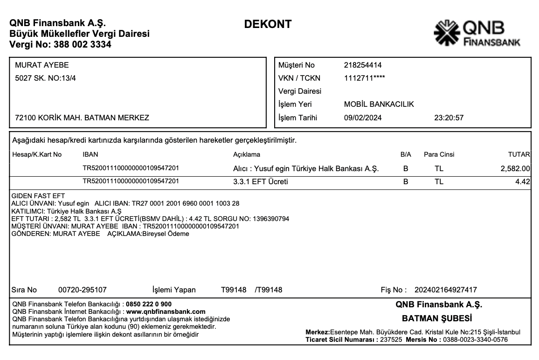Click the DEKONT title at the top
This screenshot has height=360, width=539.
tap(268, 24)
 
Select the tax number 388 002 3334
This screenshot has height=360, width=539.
tap(83, 45)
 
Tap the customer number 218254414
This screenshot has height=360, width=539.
tap(362, 65)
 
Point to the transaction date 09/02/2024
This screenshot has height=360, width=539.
tap(362, 118)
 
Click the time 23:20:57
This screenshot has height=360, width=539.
tap(449, 118)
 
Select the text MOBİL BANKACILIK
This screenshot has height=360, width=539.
tap(379, 104)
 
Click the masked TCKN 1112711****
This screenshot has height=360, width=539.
tap(365, 78)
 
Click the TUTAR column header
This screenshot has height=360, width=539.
tap(518, 154)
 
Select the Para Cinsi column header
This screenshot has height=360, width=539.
tap(439, 154)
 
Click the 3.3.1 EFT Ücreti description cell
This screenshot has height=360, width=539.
tap(260, 181)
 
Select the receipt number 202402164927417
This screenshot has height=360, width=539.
tap(445, 290)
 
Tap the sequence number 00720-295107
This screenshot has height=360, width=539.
tap(82, 290)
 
